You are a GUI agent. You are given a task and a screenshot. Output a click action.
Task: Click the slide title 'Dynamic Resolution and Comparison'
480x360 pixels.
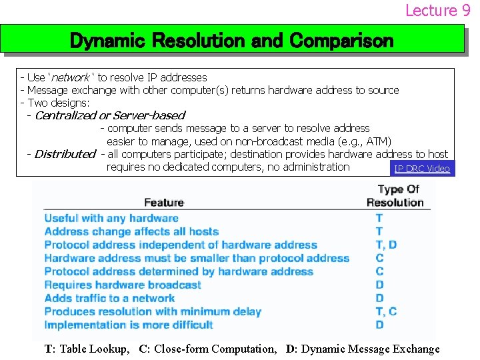pos(232,41)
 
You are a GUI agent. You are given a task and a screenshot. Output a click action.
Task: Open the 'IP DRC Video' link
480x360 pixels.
pos(422,169)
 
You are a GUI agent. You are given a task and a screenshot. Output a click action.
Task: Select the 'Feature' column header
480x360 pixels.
pos(164,203)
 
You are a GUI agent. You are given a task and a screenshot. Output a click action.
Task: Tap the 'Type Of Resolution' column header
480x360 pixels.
pos(395,195)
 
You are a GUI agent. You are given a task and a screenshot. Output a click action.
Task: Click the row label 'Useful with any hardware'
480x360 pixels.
pos(111,218)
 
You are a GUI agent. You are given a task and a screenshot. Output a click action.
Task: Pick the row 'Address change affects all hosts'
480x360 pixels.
pos(131,231)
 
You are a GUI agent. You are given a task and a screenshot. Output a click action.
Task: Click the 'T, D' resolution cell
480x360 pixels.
pos(386,245)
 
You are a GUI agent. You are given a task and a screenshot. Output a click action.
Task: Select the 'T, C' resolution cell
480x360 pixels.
pos(386,311)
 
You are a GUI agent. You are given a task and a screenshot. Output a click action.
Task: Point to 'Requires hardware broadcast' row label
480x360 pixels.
pos(123,285)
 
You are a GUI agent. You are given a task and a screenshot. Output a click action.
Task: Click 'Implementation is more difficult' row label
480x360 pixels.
pos(129,325)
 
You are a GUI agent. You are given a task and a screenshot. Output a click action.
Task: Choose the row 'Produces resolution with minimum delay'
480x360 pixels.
pos(153,311)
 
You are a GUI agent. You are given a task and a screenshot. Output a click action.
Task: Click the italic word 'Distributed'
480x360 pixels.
pos(65,154)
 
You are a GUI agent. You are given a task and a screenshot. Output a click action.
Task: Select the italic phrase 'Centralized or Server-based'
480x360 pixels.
pos(109,115)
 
